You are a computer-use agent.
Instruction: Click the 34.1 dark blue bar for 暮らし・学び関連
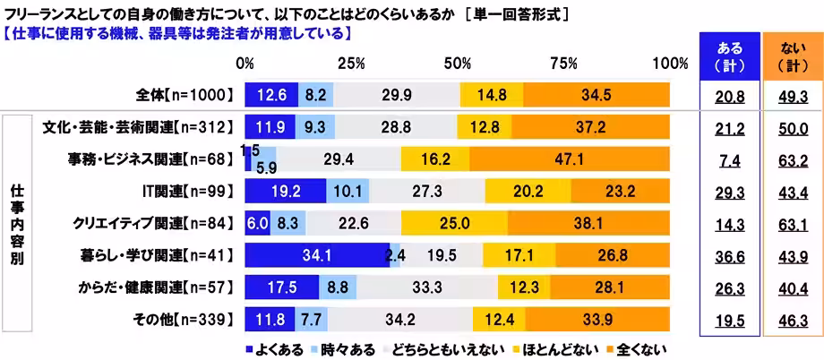[316, 255]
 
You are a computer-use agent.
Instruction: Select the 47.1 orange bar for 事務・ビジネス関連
[569, 159]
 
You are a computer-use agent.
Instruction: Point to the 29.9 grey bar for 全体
[397, 93]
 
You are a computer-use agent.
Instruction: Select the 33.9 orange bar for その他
[597, 318]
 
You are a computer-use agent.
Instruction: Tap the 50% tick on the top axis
[458, 64]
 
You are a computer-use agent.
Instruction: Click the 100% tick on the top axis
[670, 64]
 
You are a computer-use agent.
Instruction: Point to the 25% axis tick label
[351, 64]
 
